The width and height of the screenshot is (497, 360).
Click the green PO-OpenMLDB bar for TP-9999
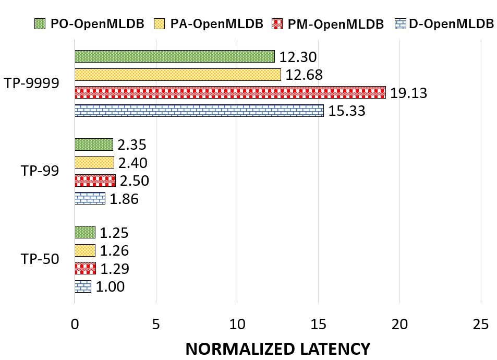tap(175, 56)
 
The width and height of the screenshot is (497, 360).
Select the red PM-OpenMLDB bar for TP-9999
tap(230, 92)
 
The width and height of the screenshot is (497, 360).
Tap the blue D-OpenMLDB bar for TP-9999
tap(199, 111)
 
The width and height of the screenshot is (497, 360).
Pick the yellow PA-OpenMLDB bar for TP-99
tap(94, 162)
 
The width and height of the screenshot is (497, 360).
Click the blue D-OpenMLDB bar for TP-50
tap(83, 286)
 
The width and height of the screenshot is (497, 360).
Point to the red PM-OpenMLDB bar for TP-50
tap(85, 268)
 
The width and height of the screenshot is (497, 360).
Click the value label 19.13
tap(408, 93)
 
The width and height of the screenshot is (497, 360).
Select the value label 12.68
tap(304, 75)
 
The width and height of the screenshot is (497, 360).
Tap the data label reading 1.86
tap(124, 199)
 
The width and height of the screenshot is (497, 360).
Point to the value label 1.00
tap(110, 287)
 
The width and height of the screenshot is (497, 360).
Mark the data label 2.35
tap(132, 145)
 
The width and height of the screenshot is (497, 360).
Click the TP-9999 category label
tap(31, 83)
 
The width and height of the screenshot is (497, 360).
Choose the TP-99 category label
tap(40, 171)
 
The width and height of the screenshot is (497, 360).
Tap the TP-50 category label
tap(40, 259)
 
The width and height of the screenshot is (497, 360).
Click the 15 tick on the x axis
tap(318, 325)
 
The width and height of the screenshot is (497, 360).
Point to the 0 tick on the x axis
tap(75, 325)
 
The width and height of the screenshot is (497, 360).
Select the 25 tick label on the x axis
tap(481, 325)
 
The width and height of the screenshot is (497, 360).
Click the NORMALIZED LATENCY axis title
tap(277, 349)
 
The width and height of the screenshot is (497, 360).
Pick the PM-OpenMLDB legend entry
tap(328, 24)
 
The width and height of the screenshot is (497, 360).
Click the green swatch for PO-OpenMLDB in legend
tap(40, 24)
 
